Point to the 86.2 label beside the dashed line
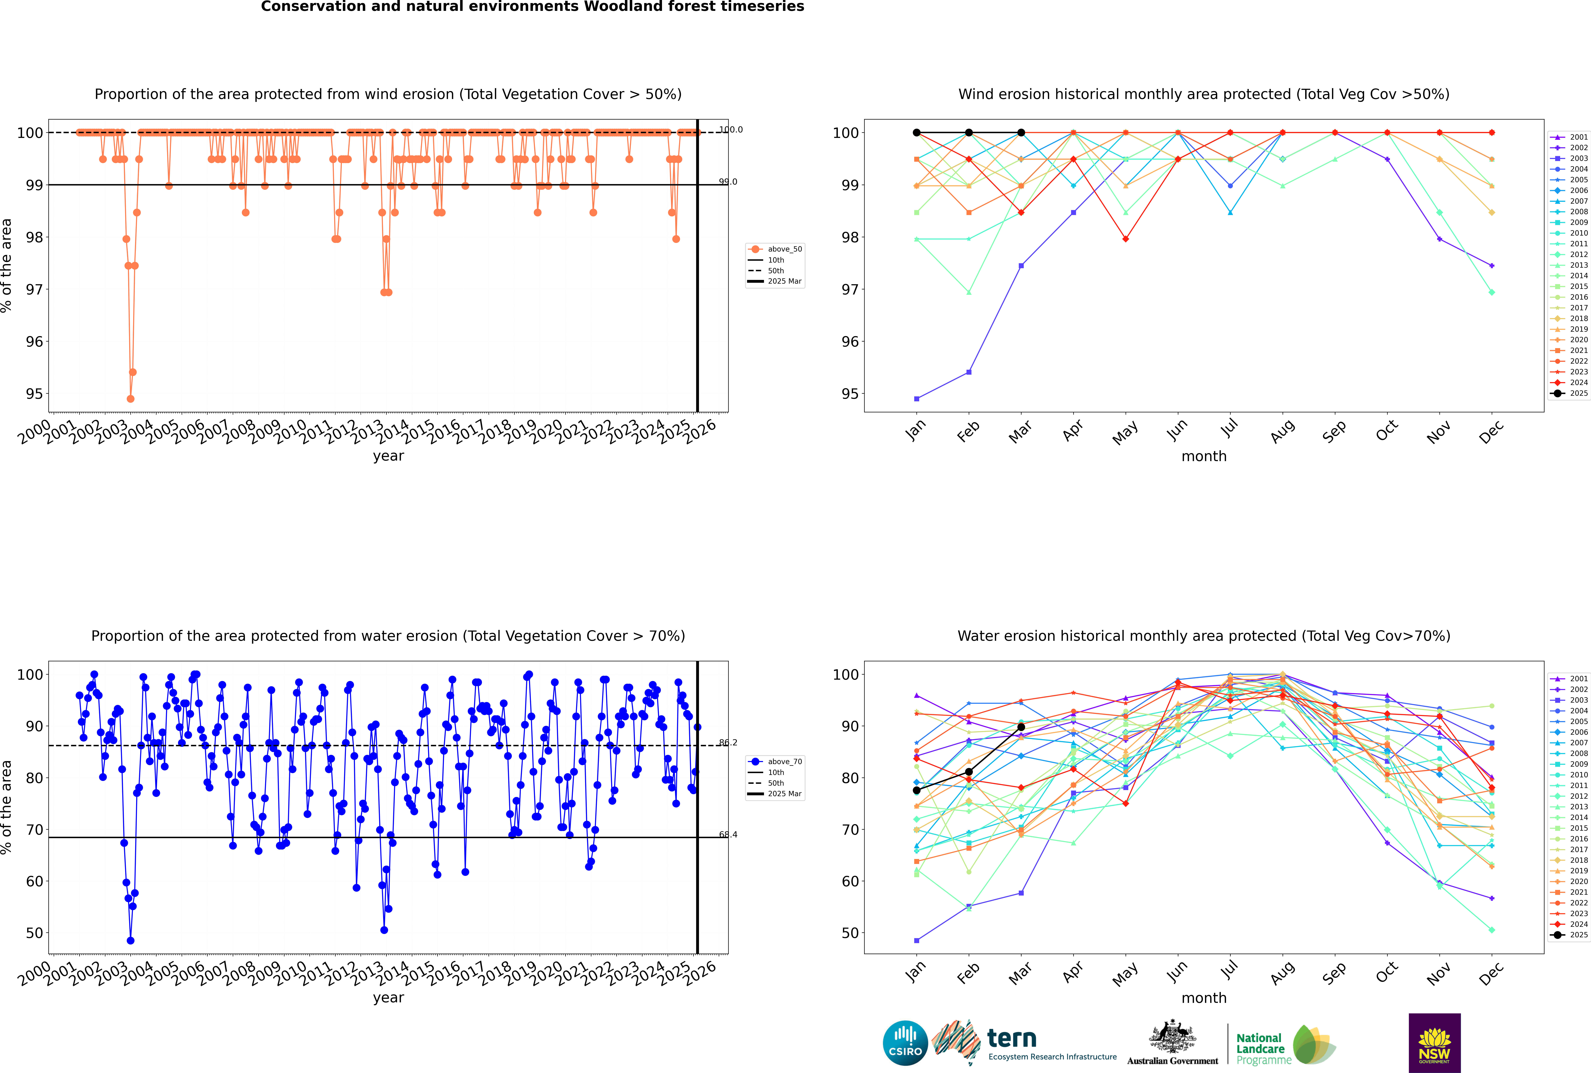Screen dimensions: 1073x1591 click(x=728, y=743)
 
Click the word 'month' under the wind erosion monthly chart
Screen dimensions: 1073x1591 click(x=1204, y=457)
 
